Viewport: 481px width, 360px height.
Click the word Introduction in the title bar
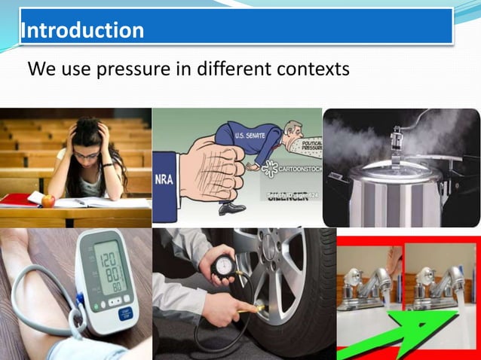(x=83, y=30)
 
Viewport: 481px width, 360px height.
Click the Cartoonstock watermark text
(x=297, y=169)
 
